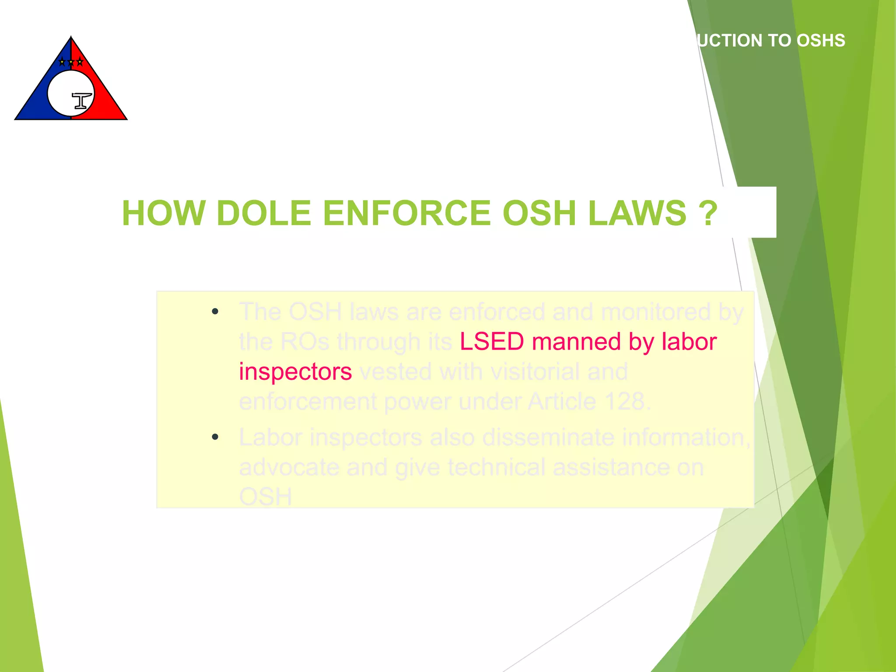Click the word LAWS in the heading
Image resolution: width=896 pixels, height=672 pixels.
[x=637, y=213]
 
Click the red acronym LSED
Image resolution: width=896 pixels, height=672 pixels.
[x=492, y=342]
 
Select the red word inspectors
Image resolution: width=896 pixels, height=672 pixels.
[x=295, y=372]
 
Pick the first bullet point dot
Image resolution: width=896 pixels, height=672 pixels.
[x=215, y=311]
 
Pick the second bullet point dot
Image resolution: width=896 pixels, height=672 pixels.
[x=215, y=437]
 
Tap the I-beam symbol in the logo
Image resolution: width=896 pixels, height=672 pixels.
[x=82, y=101]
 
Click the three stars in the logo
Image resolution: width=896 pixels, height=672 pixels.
[x=71, y=62]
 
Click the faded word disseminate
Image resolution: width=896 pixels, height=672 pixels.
[x=544, y=437]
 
